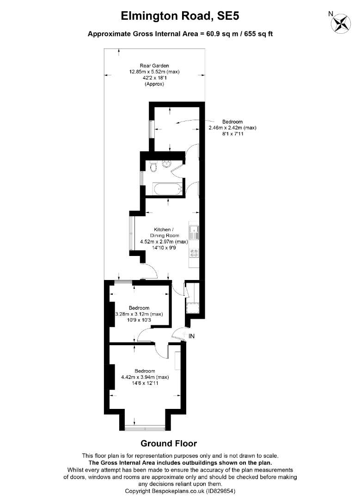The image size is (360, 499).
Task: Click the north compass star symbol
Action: (341, 23)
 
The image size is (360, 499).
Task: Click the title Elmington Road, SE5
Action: (180, 16)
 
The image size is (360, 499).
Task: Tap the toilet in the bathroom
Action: (153, 167)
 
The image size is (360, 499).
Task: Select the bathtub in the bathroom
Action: (168, 189)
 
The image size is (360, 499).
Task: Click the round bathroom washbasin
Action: (166, 164)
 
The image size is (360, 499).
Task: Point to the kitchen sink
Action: (194, 232)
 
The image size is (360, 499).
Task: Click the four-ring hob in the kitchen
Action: (194, 253)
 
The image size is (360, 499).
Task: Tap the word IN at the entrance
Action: (191, 336)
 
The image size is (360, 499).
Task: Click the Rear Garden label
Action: (154, 66)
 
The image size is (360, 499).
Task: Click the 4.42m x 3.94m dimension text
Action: (145, 377)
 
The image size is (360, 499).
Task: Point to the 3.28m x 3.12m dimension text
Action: (139, 314)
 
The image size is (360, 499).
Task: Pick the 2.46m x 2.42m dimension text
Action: (232, 128)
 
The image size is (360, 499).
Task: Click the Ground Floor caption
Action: (169, 443)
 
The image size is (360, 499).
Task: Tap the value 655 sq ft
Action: (259, 34)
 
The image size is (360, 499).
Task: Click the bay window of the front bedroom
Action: (145, 429)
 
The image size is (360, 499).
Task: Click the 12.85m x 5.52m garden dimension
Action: (154, 72)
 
